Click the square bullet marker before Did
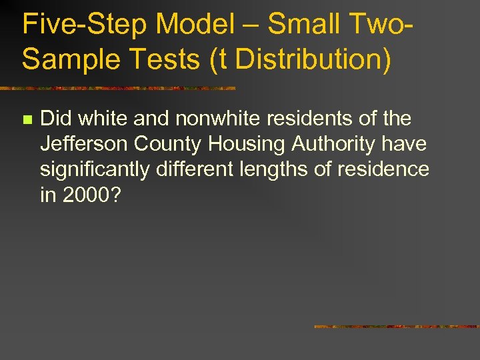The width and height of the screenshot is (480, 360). point(27,120)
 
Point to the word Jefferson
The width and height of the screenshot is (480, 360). point(84,145)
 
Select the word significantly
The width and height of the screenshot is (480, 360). point(95,170)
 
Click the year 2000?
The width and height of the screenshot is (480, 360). point(89,195)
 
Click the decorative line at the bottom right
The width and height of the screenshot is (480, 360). point(397,327)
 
